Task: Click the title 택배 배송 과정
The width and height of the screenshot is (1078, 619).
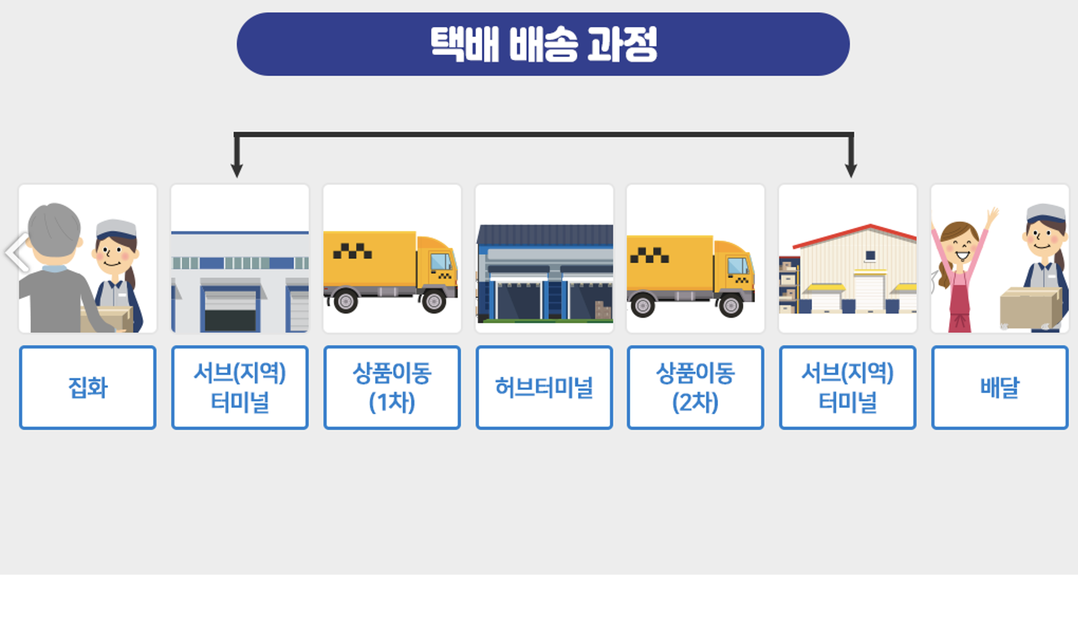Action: coord(543,44)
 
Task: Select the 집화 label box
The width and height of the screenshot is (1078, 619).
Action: coord(88,387)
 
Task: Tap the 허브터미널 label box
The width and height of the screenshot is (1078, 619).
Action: coord(544,387)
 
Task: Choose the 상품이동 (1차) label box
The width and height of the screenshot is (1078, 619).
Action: coord(392,387)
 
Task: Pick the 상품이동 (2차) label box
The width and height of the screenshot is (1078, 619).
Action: coord(695,387)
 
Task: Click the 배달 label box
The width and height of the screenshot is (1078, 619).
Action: coord(1000,387)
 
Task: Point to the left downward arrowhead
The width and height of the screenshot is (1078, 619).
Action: coord(237,170)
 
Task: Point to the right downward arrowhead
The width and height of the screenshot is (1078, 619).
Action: coord(851,170)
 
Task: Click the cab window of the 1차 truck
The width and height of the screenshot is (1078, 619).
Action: coord(440,262)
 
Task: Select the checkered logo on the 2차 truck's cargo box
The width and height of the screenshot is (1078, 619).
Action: coord(649,255)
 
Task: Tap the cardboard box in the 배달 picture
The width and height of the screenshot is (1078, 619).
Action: coord(1030,308)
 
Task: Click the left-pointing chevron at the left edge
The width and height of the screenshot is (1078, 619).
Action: coord(17,252)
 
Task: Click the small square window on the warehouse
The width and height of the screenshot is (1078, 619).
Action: coord(870,255)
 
